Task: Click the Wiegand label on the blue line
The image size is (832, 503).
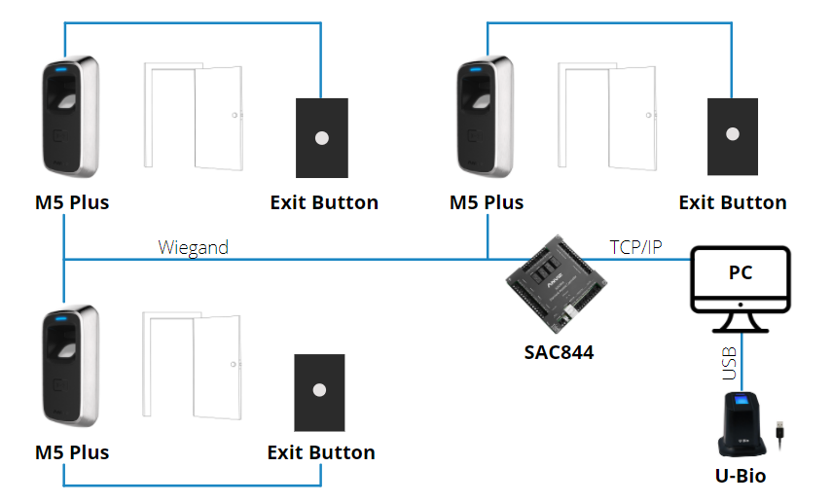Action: [193, 247]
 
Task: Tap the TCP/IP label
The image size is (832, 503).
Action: [634, 247]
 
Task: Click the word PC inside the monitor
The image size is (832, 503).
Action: [741, 273]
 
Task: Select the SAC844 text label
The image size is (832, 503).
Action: [553, 351]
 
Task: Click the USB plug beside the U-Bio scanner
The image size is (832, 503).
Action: [780, 432]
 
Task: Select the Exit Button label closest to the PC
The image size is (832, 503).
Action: [732, 202]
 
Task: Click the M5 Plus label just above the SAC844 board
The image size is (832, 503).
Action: [486, 202]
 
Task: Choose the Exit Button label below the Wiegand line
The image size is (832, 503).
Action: [321, 452]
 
